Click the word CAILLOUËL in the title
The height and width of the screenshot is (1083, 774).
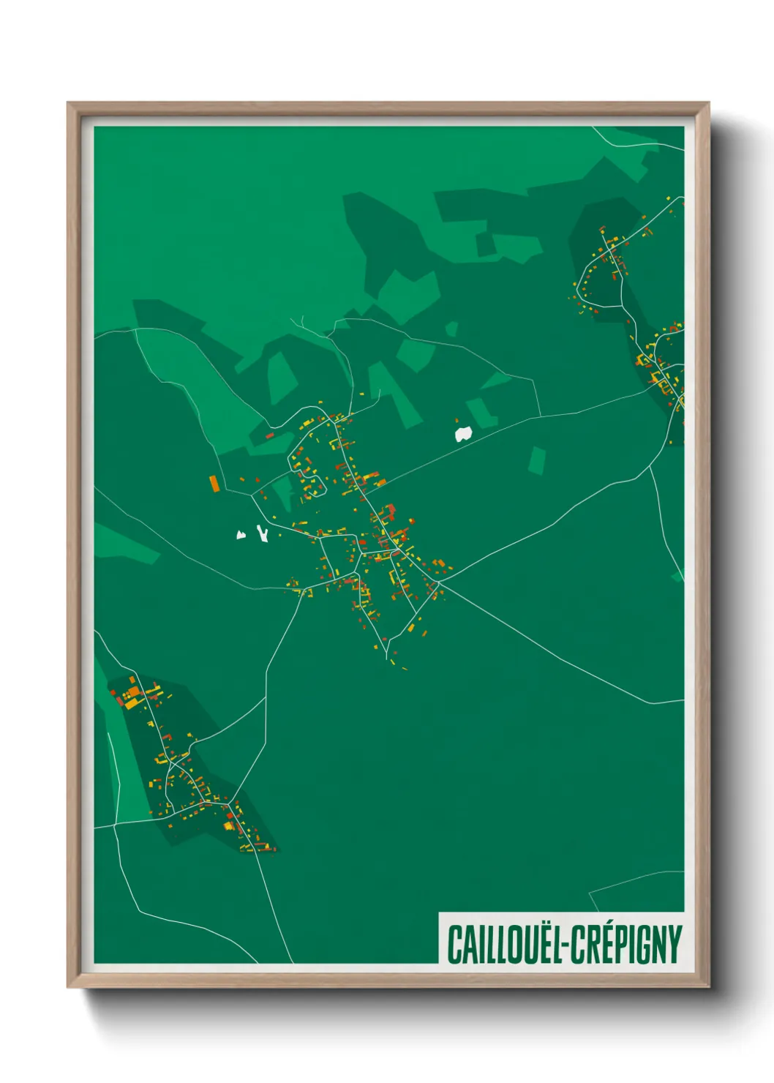503,945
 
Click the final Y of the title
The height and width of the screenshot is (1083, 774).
675,945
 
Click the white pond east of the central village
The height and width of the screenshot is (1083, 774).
463,434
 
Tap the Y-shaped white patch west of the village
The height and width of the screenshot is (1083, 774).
262,533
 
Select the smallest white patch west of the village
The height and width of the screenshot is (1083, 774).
241,535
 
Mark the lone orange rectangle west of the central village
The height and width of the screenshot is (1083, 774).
214,483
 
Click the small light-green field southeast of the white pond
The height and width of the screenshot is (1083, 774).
537,460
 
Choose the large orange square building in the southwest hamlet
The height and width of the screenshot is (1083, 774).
134,692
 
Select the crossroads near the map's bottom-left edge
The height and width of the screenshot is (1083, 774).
116,825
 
